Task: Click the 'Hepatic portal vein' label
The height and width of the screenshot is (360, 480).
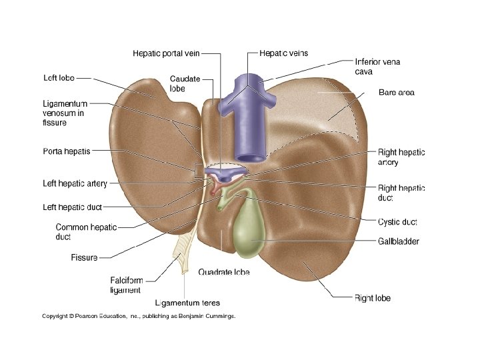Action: click(x=166, y=53)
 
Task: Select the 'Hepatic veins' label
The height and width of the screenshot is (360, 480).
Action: click(x=283, y=53)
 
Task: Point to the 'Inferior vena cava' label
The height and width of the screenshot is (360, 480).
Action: click(x=377, y=67)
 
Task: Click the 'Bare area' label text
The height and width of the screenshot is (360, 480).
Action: click(x=396, y=92)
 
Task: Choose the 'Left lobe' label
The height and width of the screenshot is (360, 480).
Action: click(x=58, y=77)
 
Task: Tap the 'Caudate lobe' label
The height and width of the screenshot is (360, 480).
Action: click(x=185, y=83)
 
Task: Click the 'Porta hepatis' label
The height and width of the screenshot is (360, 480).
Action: click(x=67, y=151)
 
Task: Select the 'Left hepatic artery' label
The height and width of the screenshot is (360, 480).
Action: click(x=75, y=184)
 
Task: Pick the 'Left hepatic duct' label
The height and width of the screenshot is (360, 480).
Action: click(x=72, y=207)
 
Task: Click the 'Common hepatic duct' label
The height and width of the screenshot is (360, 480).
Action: click(x=86, y=231)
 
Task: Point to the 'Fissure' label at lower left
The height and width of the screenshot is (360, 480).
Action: click(x=84, y=257)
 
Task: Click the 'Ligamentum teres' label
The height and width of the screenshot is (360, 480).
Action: click(x=187, y=303)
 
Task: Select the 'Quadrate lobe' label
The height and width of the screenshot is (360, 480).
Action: click(x=224, y=272)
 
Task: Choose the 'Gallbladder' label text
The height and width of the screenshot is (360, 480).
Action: click(x=399, y=241)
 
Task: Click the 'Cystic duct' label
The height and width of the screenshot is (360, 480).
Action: click(x=397, y=222)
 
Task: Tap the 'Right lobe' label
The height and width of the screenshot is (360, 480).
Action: click(x=373, y=298)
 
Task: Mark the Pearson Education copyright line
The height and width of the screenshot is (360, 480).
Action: click(x=139, y=316)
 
